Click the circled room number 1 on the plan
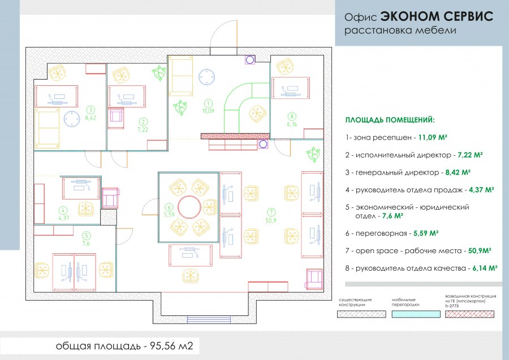click(x=208, y=103)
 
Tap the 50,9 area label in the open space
click(x=271, y=220)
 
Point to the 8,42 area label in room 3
click(x=90, y=118)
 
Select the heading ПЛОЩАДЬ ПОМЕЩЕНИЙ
click(x=390, y=120)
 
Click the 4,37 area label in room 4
click(x=63, y=217)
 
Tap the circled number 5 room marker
click(x=86, y=235)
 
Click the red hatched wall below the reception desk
click(x=233, y=136)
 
